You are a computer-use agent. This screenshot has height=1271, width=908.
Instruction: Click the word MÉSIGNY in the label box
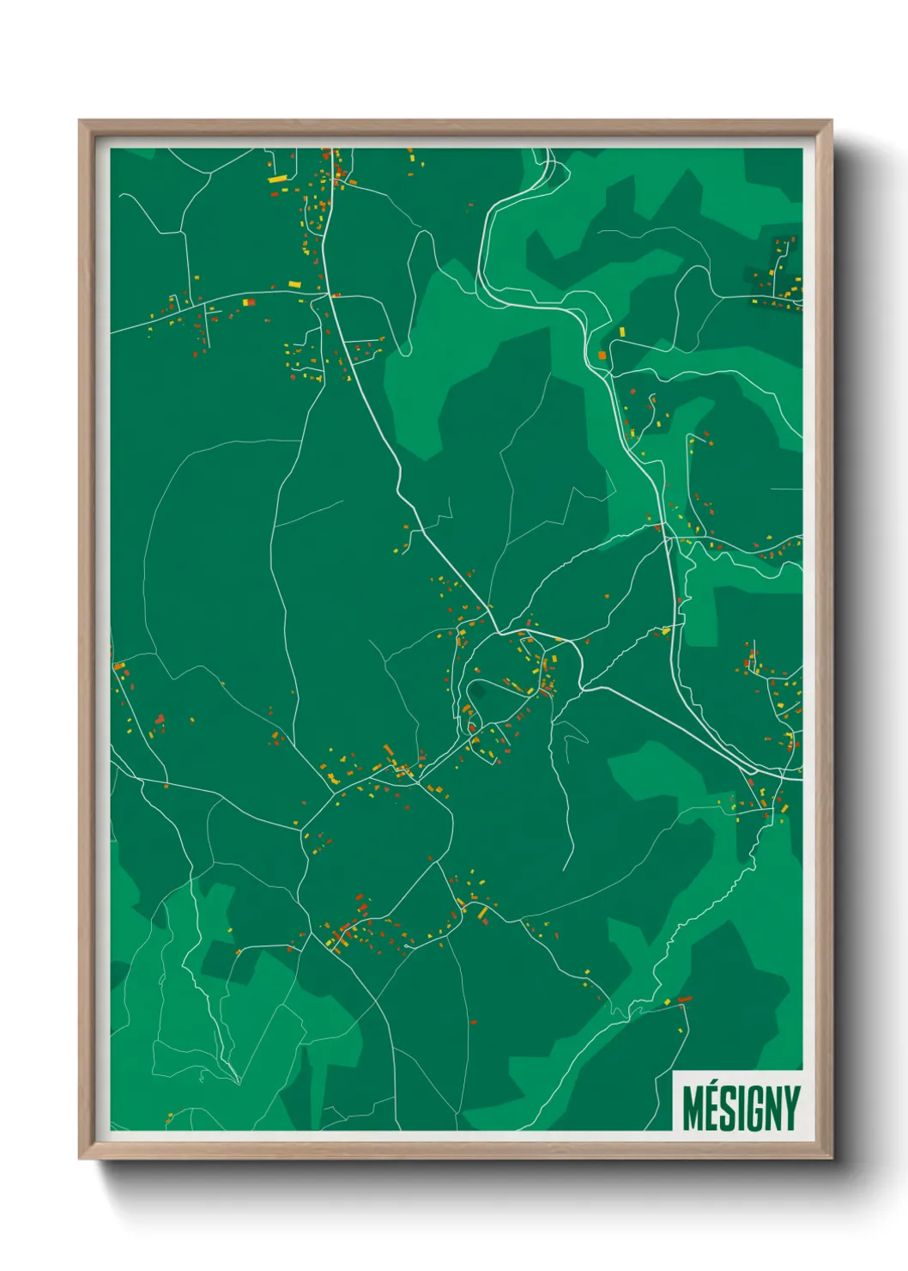[x=741, y=1108]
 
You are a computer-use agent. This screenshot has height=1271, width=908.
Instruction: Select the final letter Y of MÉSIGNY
[x=791, y=1108]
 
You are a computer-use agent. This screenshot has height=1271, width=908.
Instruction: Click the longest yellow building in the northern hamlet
[x=278, y=179]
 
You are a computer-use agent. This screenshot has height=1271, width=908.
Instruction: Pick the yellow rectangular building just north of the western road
[x=294, y=284]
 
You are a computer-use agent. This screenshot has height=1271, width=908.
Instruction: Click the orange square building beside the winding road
[x=602, y=355]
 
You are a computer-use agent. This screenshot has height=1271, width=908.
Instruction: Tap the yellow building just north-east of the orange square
[x=622, y=331]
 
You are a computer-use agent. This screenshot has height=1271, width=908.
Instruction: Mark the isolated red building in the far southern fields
[x=473, y=1022]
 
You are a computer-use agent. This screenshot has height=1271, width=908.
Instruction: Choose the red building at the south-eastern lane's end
[x=685, y=999]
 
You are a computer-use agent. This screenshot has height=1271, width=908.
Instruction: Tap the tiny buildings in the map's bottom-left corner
[x=170, y=1117]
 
